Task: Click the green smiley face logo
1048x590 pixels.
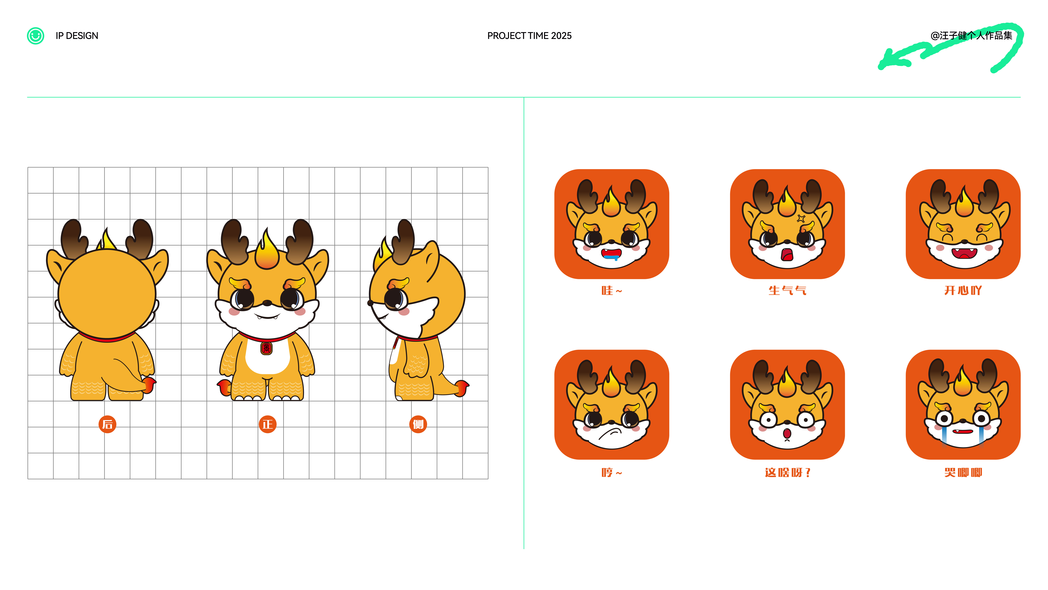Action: pos(35,36)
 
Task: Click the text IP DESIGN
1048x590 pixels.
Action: pos(77,36)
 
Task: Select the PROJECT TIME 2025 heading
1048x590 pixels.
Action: pos(529,36)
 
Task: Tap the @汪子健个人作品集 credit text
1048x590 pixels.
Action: pos(971,36)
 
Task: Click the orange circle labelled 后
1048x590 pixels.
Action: pos(107,424)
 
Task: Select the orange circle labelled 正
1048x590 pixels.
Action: pos(267,424)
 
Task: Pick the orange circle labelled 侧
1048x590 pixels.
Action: pos(418,424)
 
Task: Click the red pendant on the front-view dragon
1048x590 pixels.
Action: pos(266,348)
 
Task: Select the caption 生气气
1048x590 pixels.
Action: pos(787,291)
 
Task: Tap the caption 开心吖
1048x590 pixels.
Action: pos(963,291)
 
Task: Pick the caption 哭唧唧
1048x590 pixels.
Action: pos(963,473)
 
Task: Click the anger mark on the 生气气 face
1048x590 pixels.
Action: pos(801,219)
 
